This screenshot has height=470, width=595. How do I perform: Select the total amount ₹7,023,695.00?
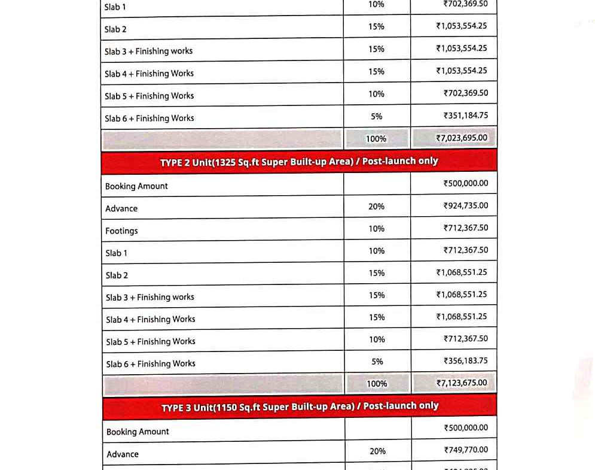click(462, 138)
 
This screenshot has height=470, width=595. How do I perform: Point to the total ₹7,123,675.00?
click(462, 383)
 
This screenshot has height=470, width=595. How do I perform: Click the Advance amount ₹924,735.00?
click(466, 205)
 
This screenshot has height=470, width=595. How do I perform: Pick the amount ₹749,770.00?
click(466, 450)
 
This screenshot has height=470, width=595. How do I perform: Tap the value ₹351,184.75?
click(466, 115)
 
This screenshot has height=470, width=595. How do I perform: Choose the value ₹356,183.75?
click(466, 360)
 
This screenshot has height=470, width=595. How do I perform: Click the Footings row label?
click(121, 231)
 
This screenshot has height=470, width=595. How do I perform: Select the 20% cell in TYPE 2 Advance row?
click(377, 206)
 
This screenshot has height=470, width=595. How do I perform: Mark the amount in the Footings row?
click(466, 228)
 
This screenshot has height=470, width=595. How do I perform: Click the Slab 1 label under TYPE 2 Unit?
click(117, 253)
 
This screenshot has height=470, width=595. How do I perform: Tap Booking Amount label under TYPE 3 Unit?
click(138, 432)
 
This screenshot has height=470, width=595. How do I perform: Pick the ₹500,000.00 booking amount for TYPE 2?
click(466, 183)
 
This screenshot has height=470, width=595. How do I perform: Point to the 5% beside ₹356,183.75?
click(377, 362)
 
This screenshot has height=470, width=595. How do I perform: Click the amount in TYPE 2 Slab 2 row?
click(462, 272)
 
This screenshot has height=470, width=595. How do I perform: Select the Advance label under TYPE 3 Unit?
click(123, 454)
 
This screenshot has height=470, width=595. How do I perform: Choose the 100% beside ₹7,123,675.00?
click(377, 384)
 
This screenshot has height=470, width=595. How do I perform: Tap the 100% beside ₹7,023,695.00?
click(376, 139)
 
